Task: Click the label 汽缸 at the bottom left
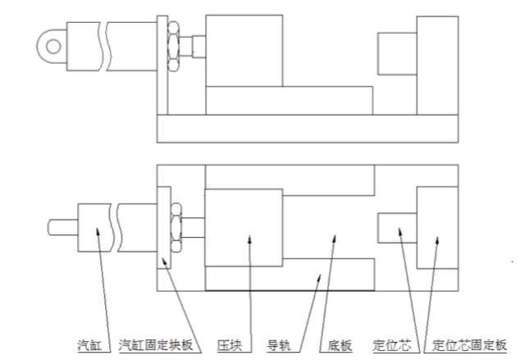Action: pyautogui.click(x=89, y=345)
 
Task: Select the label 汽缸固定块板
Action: pyautogui.click(x=156, y=344)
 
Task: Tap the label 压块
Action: pyautogui.click(x=230, y=345)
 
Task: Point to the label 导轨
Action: pyautogui.click(x=279, y=345)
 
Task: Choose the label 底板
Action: pyautogui.click(x=340, y=345)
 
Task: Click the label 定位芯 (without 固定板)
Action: pyautogui.click(x=392, y=345)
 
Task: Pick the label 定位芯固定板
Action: pyautogui.click(x=469, y=345)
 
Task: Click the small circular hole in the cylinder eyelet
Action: pyautogui.click(x=53, y=47)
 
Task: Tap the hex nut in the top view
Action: pyautogui.click(x=173, y=47)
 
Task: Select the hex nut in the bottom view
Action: pyautogui.click(x=176, y=227)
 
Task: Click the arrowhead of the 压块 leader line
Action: pyautogui.click(x=249, y=239)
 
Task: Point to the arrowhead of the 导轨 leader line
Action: pyautogui.click(x=319, y=279)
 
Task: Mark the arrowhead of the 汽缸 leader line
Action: pyautogui.click(x=98, y=232)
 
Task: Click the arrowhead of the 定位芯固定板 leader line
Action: pyautogui.click(x=436, y=241)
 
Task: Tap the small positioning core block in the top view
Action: pyautogui.click(x=397, y=54)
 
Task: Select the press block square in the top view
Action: pyautogui.click(x=244, y=51)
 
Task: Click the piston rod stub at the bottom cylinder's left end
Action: pyautogui.click(x=63, y=227)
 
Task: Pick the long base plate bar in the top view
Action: pyautogui.click(x=308, y=129)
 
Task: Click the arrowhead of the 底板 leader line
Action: pyautogui.click(x=334, y=239)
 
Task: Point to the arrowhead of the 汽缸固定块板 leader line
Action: pyautogui.click(x=164, y=262)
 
